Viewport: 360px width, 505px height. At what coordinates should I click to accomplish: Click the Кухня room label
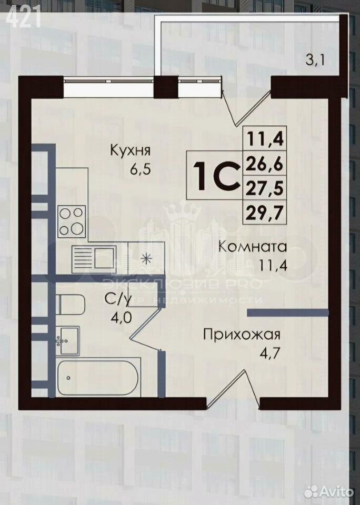(x=130, y=151)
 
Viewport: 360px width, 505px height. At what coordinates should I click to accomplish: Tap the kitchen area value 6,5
(x=140, y=169)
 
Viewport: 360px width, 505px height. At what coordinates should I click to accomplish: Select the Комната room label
(x=253, y=247)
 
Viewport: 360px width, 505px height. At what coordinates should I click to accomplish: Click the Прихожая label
(x=242, y=335)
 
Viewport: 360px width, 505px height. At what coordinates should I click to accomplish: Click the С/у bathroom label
(x=118, y=299)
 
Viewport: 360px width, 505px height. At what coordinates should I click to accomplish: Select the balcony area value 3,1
(x=315, y=60)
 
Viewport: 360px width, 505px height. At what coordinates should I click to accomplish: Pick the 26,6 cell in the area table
(x=264, y=164)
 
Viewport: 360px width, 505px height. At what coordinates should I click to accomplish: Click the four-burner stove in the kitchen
(x=72, y=220)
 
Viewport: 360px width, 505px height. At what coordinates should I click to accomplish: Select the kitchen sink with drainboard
(x=94, y=257)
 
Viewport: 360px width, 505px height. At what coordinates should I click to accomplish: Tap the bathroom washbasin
(x=67, y=341)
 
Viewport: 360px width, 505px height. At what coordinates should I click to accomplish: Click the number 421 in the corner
(x=23, y=17)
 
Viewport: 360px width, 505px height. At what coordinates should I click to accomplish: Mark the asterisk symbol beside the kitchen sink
(x=147, y=259)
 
